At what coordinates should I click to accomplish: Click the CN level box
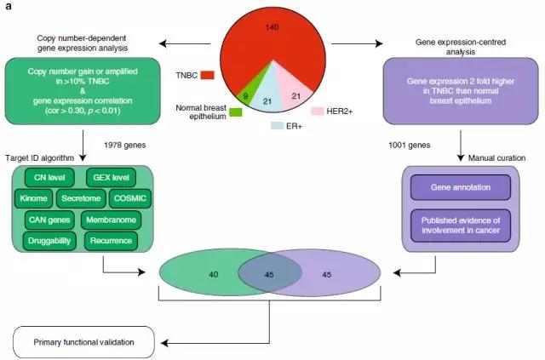(x=49, y=178)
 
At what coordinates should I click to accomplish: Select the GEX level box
(x=114, y=178)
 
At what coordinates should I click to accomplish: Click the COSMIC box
(x=132, y=198)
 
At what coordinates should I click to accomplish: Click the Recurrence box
(x=112, y=242)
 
